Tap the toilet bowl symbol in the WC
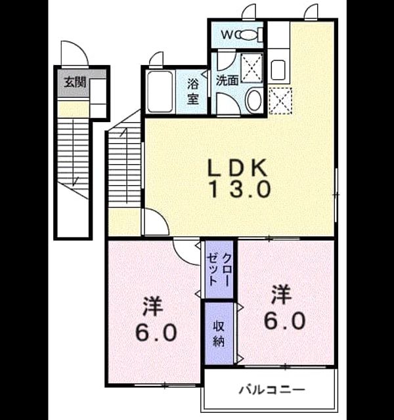(x=250, y=34)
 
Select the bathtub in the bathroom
(x=160, y=92)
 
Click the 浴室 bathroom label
(x=193, y=92)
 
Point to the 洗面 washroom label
(x=227, y=80)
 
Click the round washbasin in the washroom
(x=254, y=100)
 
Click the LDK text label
(x=238, y=167)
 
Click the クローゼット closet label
(x=219, y=269)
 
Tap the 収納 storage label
(x=219, y=333)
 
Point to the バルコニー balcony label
(x=272, y=389)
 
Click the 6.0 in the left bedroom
(x=156, y=333)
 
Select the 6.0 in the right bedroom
(x=284, y=321)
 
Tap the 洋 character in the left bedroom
(x=152, y=306)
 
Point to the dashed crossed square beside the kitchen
(x=280, y=100)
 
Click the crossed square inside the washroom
(x=252, y=68)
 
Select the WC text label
(x=227, y=35)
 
